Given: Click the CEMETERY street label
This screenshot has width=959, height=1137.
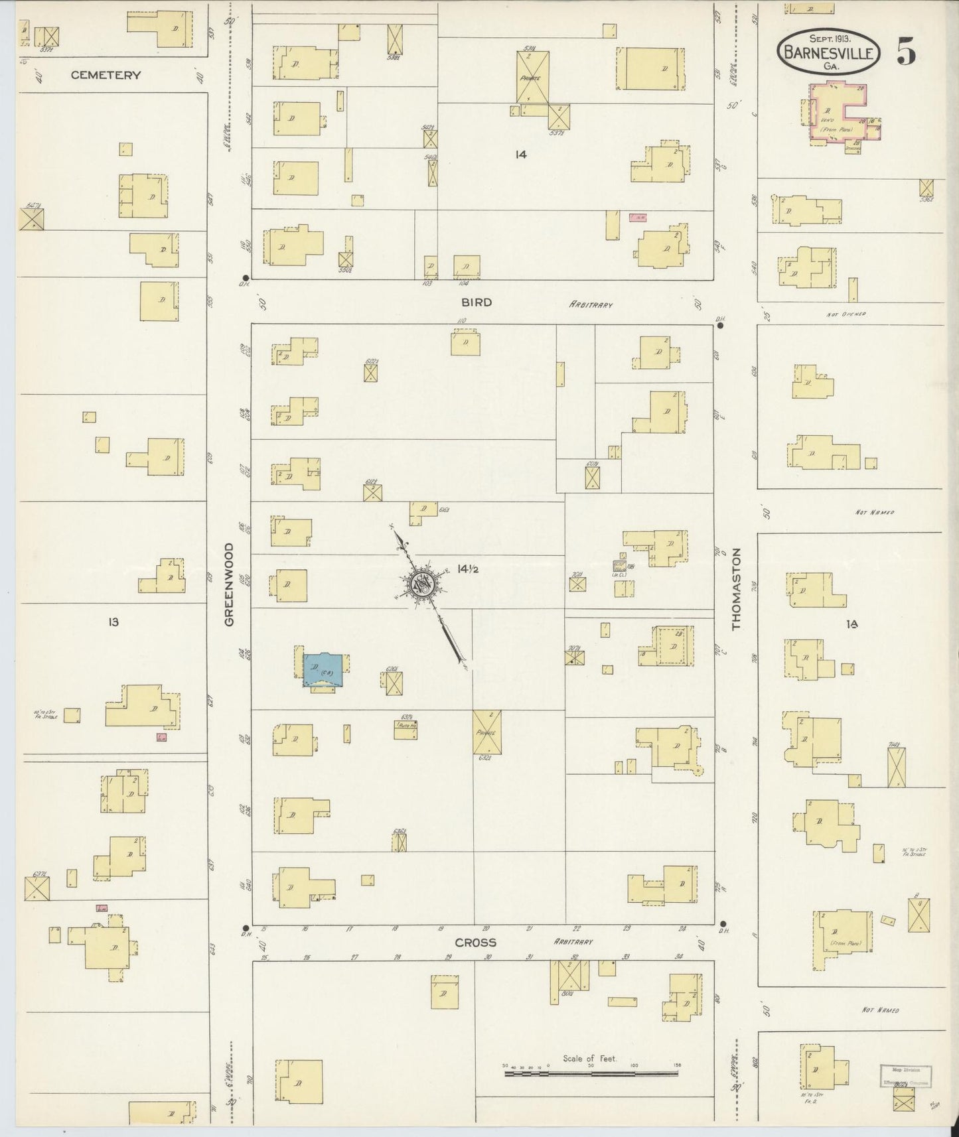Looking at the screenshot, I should (x=106, y=75).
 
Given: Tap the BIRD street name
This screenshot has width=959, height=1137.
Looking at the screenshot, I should (x=477, y=302).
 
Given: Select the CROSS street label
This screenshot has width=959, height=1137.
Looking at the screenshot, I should (x=475, y=943).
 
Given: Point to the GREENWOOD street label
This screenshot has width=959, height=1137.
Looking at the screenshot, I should (x=229, y=584).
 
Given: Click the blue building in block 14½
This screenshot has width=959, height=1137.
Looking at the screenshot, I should (x=323, y=670).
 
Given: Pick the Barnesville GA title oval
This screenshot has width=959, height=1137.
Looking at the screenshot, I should (x=830, y=52).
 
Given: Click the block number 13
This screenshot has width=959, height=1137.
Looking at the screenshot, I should (x=113, y=622).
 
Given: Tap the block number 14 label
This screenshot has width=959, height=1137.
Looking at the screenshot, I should (x=520, y=155).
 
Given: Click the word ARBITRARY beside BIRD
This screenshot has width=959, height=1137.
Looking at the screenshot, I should (x=590, y=304).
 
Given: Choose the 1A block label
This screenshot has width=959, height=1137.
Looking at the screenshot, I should (x=852, y=624).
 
